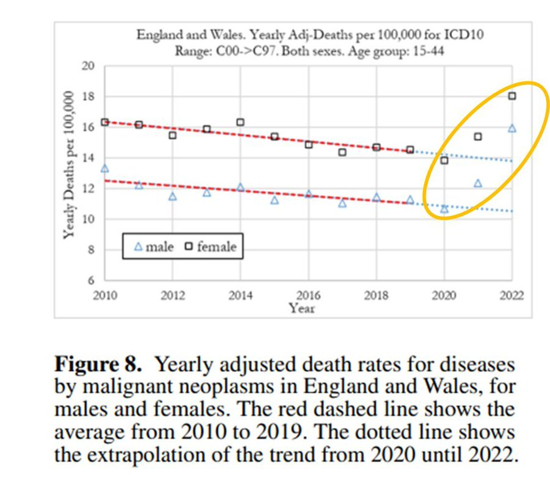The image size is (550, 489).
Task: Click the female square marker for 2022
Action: (x=512, y=96)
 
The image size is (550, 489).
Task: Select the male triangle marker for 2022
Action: (x=512, y=128)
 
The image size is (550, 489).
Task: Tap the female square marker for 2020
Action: (x=444, y=160)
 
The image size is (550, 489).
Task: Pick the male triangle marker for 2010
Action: (x=105, y=168)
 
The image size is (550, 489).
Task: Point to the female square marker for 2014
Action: (x=240, y=122)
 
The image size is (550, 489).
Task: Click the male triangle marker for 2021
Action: (x=478, y=183)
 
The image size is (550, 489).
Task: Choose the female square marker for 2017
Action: (x=342, y=152)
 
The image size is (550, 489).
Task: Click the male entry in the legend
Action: (x=155, y=247)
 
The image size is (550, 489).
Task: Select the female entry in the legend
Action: (x=211, y=247)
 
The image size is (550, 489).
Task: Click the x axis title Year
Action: (x=302, y=308)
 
